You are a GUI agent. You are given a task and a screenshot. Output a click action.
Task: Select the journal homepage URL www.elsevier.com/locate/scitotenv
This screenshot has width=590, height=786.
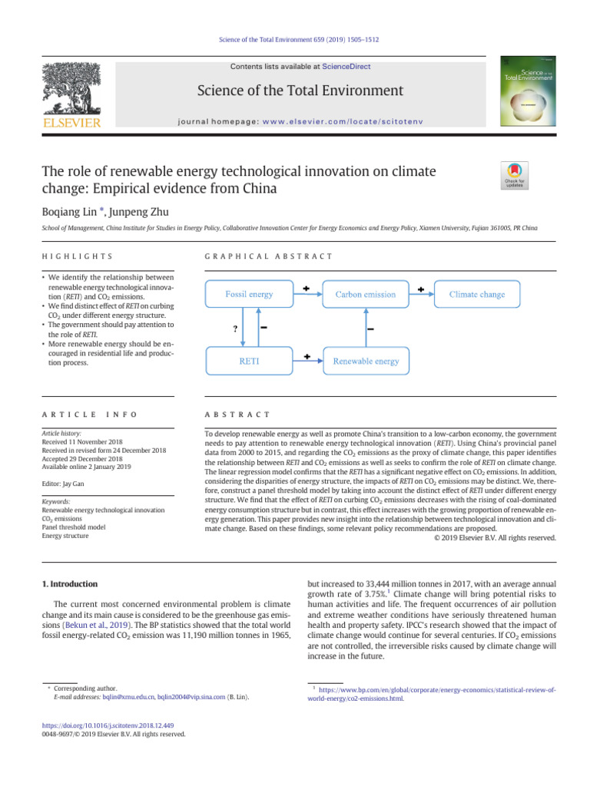coord(343,121)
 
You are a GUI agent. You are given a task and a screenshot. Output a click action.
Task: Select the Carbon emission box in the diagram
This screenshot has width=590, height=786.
coord(365,294)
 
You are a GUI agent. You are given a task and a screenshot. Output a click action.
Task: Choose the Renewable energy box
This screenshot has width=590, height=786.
coord(365,360)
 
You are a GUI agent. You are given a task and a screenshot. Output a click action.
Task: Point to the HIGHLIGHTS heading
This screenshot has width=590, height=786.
coord(77,256)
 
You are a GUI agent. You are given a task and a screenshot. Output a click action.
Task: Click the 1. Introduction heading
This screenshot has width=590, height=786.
coord(68,584)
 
